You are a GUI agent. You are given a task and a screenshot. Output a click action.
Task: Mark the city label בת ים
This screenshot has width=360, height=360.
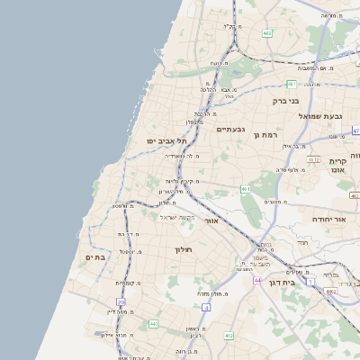[96, 257]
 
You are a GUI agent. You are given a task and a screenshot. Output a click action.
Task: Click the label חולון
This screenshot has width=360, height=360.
[184, 248]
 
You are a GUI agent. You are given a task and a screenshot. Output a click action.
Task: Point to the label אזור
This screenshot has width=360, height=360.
[211, 220]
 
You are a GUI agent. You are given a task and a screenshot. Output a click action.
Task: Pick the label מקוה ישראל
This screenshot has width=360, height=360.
[177, 217]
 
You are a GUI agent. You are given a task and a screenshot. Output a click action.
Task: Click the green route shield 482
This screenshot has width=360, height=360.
[267, 33]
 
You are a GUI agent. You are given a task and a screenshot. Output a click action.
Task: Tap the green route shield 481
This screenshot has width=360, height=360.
[292, 84]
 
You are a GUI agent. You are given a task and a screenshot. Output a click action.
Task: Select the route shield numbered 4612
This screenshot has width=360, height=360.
[314, 159]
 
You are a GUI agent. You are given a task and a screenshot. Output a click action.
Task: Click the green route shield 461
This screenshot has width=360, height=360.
[246, 189]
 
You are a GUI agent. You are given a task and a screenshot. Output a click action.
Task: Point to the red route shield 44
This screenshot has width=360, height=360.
[258, 281]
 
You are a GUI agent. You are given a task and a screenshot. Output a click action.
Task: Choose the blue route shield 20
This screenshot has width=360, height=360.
[121, 301]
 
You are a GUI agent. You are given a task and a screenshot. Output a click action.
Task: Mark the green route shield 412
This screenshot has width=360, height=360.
[229, 336]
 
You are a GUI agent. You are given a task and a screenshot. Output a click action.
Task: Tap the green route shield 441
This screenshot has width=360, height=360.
[154, 323]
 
